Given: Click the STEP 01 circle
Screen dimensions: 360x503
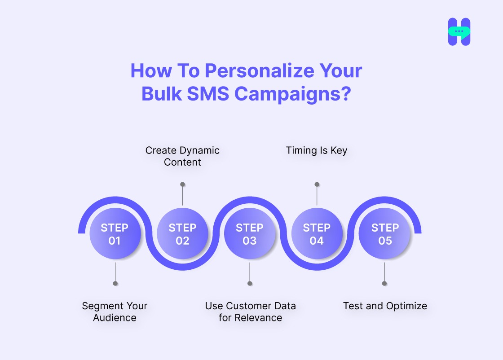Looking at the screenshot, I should tap(115, 234).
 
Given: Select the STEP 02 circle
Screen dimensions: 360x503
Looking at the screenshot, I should tap(182, 234).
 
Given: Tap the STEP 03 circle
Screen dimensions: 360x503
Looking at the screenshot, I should tap(250, 234).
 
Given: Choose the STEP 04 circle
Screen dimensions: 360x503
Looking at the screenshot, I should tap(317, 234).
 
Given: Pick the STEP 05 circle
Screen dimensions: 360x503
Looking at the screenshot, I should tap(385, 234).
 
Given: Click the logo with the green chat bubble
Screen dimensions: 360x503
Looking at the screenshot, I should tap(459, 32).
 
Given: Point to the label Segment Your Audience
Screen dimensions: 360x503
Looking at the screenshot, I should tap(115, 312).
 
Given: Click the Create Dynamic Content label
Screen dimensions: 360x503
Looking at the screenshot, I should tap(182, 156).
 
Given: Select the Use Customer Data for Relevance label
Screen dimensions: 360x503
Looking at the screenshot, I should tap(250, 312).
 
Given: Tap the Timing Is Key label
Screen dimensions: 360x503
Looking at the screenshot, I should tap(317, 150).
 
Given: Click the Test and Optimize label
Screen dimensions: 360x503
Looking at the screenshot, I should tap(385, 306).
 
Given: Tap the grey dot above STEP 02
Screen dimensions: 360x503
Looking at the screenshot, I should tap(182, 184).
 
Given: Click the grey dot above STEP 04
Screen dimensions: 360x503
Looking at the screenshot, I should tap(317, 184).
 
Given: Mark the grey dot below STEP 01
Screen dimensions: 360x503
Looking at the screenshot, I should tap(115, 283).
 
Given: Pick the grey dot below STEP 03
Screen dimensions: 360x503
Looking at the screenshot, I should tap(250, 283).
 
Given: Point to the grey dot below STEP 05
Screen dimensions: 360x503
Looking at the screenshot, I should tap(384, 283).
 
